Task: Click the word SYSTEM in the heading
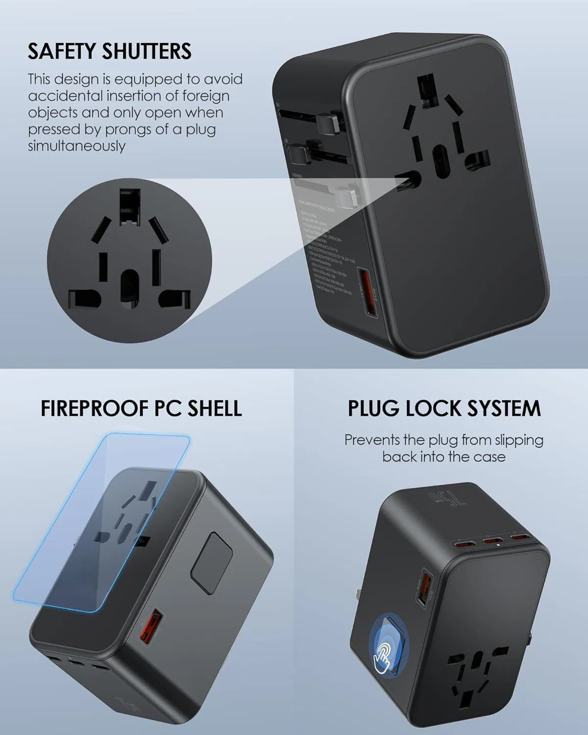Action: [507, 408]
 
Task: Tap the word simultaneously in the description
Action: [76, 146]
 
